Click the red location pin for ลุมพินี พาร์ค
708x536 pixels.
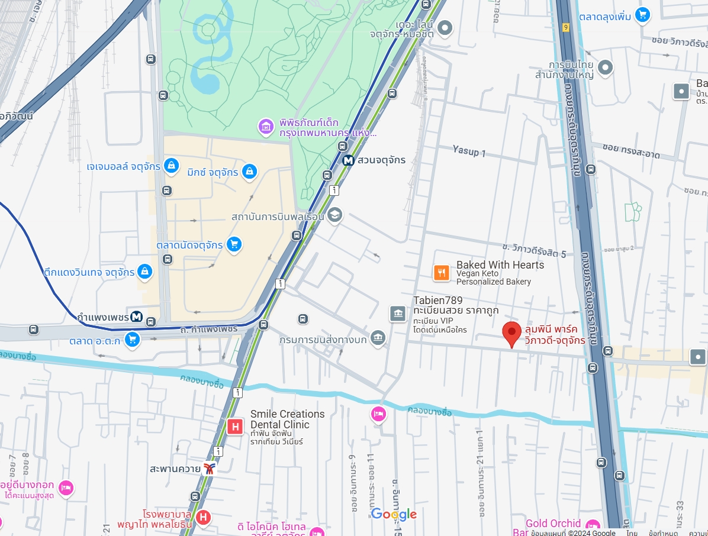tap(512, 333)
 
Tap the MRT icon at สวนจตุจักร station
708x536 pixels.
tap(349, 160)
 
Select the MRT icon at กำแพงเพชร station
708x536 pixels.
tap(137, 317)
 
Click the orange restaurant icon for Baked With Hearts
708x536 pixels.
tap(442, 272)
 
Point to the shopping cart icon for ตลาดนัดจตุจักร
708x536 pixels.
tap(234, 244)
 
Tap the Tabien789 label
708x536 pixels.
tap(438, 301)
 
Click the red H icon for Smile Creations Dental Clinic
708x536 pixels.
tap(235, 426)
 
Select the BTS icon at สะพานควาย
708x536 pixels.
tap(209, 469)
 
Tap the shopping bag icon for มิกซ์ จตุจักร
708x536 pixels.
tap(250, 172)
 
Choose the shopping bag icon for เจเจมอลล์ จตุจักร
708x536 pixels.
tap(171, 166)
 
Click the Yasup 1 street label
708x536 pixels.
tap(469, 152)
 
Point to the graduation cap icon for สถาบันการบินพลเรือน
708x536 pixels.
tap(335, 215)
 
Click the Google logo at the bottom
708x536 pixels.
tap(394, 514)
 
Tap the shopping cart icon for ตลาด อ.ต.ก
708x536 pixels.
tap(132, 340)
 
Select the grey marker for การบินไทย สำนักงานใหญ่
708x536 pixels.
tap(605, 68)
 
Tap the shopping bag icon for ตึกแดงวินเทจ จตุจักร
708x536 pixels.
tap(144, 272)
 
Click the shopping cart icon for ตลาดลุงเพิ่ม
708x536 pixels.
tap(642, 15)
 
